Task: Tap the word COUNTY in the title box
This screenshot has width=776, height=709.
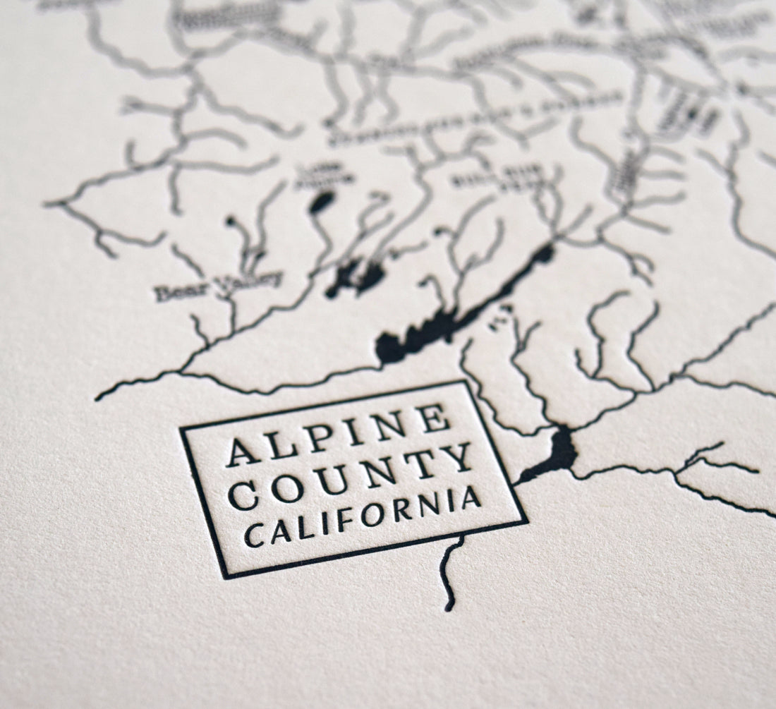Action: tap(351, 476)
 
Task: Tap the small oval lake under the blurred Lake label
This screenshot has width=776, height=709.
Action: tap(322, 202)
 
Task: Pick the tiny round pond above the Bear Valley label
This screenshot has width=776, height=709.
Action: tap(231, 222)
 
